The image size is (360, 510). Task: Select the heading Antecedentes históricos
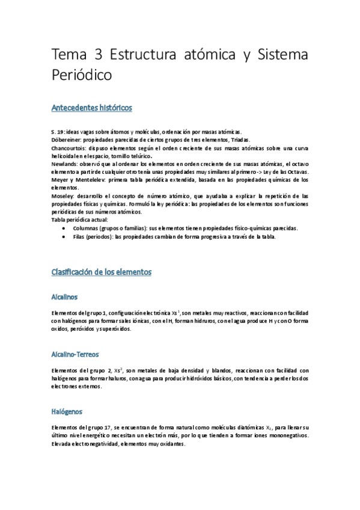coord(92,108)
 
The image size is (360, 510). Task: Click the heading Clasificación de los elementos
coord(102,272)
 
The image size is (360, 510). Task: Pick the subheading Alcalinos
coord(65,296)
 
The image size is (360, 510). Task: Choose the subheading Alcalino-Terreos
coord(76,355)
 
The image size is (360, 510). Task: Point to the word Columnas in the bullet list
coord(87,229)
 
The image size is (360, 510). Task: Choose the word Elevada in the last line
coord(64,444)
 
